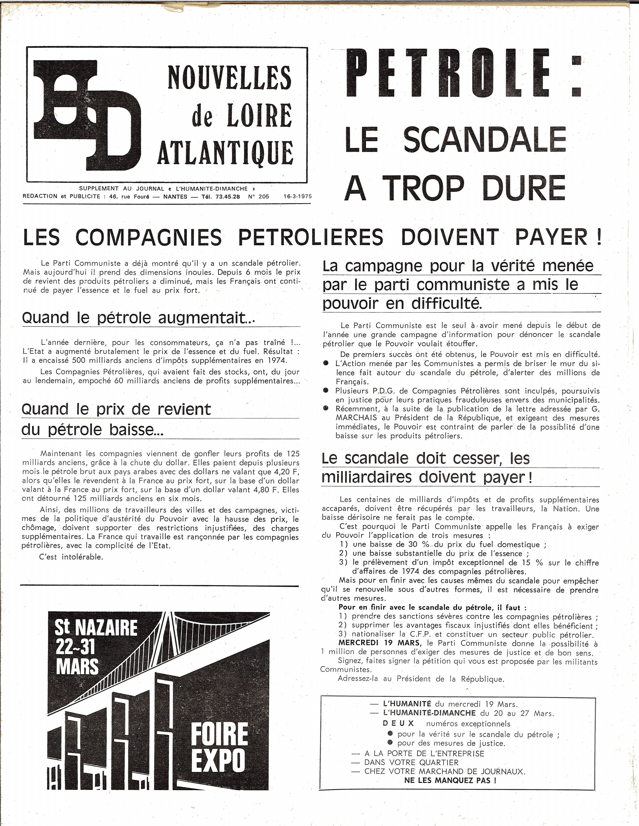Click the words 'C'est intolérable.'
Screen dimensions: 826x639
[71, 557]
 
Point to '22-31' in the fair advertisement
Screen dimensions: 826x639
[75, 648]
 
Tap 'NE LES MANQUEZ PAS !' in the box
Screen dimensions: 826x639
[450, 780]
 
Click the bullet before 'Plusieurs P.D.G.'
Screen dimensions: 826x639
[326, 390]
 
